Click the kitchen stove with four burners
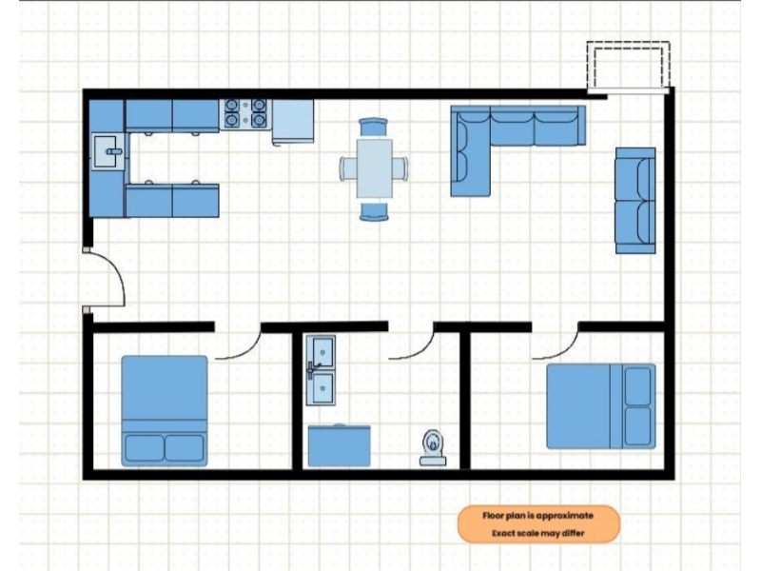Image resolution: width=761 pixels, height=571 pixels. [x=245, y=114]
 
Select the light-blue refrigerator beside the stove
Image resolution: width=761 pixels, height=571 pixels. [x=293, y=122]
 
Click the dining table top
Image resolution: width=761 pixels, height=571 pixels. [x=374, y=168]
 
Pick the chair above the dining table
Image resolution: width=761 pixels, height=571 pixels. [x=373, y=128]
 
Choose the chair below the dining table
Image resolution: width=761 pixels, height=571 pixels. [x=374, y=211]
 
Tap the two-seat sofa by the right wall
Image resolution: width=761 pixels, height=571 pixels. [x=635, y=201]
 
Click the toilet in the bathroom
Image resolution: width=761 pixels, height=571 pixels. [x=433, y=447]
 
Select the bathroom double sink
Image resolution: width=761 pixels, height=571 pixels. [x=321, y=370]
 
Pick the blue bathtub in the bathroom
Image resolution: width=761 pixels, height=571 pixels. [x=340, y=445]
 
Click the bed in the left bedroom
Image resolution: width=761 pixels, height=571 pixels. [x=165, y=411]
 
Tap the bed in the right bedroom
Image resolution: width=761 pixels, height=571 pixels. [x=601, y=406]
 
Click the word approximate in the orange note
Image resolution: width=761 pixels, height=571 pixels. [x=564, y=516]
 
